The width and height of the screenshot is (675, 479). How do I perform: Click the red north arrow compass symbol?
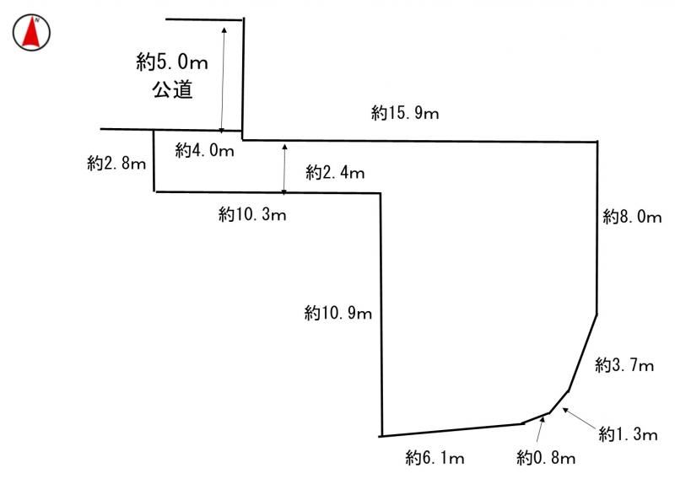31,32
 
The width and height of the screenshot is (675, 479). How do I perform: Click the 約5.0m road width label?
172,62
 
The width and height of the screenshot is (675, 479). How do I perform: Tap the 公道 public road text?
172,89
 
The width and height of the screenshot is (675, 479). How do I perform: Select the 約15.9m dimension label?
405,113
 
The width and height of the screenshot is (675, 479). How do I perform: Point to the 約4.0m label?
205,150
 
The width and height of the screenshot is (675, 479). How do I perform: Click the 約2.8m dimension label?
116,163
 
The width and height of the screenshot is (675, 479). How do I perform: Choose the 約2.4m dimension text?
335,172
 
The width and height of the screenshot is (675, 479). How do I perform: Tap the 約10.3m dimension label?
252,214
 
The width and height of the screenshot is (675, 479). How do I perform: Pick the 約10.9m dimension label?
338,313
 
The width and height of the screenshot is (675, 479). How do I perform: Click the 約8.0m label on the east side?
632,217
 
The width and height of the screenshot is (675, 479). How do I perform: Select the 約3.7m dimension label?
624,365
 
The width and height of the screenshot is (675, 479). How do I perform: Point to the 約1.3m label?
628,433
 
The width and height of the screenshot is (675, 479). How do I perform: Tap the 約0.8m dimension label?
546,457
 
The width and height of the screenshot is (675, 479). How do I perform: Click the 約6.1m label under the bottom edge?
435,457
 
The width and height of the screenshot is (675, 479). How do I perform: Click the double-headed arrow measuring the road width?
223,79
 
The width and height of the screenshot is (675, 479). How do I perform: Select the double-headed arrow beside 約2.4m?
284,169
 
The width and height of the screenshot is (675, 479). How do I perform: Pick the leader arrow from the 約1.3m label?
580,417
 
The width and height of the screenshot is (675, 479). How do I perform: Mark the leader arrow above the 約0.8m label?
540,429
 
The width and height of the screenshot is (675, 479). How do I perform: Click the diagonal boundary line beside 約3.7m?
582,353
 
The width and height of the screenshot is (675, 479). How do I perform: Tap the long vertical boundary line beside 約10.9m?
381,315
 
